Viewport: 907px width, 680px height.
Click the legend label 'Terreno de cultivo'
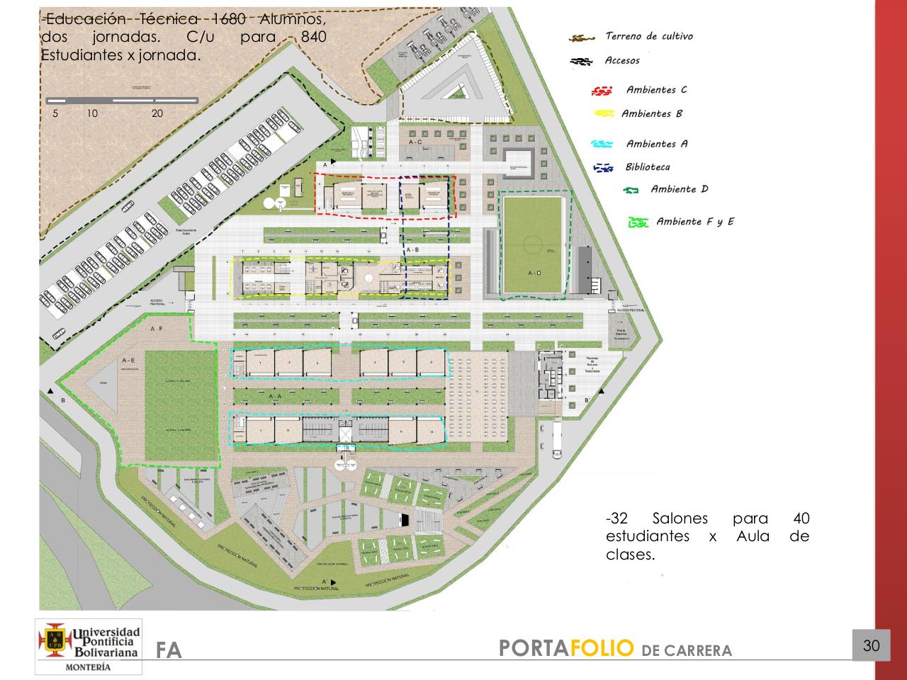click(648, 36)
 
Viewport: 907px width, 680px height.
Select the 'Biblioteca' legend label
click(647, 167)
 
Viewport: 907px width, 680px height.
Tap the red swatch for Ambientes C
click(602, 91)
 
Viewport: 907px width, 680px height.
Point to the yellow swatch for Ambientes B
click(604, 113)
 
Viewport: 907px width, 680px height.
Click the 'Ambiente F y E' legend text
click(695, 222)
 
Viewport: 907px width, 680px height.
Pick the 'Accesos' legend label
click(621, 60)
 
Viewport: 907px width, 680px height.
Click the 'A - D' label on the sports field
click(534, 273)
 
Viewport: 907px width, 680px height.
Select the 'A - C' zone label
click(415, 142)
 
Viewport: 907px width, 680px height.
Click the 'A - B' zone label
click(412, 250)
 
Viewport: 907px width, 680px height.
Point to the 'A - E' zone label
click(128, 361)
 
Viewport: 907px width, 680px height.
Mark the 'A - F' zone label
click(157, 329)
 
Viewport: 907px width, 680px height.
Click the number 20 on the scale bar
click(157, 113)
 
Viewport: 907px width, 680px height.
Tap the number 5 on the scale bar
click(55, 113)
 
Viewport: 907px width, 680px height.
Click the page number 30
click(871, 645)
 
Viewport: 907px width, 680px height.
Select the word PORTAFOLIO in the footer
click(565, 648)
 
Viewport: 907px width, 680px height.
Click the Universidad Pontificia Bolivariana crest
click(55, 640)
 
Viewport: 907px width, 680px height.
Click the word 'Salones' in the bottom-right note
click(680, 518)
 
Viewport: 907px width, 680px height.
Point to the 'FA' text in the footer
click(169, 650)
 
